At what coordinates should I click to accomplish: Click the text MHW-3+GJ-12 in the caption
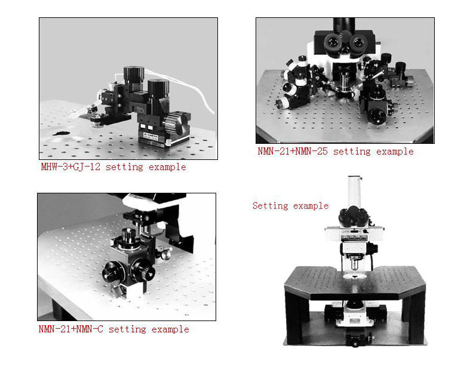click(70, 167)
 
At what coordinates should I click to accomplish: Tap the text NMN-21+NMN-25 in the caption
click(293, 151)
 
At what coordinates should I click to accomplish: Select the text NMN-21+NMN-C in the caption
click(70, 329)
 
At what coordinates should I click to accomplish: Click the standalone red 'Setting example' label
click(290, 206)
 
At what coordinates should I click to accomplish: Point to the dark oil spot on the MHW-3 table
click(62, 133)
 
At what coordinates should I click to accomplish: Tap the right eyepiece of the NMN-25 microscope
click(358, 42)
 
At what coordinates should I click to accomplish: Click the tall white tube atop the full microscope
click(355, 192)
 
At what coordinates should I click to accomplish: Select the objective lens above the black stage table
click(355, 264)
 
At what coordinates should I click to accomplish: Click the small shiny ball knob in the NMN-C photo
click(165, 254)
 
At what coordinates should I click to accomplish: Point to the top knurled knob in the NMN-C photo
click(129, 236)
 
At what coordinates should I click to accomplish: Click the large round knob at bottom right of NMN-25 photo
click(377, 117)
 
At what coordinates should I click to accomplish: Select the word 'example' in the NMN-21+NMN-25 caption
click(395, 152)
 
